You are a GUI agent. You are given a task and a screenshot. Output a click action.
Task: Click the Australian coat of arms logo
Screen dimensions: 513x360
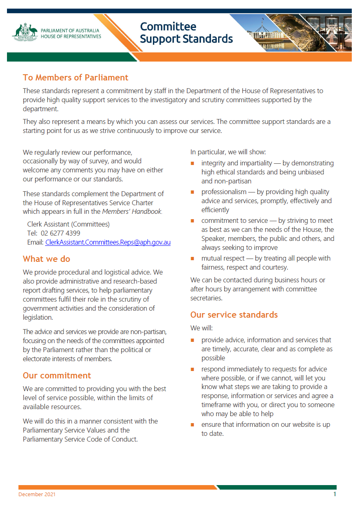(x=25, y=32)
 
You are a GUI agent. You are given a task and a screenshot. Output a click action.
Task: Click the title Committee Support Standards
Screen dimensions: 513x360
(x=186, y=33)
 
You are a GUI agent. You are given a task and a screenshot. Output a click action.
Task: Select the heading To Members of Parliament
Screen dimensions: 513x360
(x=75, y=78)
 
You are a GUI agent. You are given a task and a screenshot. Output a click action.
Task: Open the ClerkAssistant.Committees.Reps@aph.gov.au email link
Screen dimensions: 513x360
(x=108, y=242)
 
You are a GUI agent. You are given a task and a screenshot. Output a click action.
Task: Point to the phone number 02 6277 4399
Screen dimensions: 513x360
(x=60, y=233)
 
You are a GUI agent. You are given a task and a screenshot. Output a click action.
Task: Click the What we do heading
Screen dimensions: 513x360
(x=46, y=259)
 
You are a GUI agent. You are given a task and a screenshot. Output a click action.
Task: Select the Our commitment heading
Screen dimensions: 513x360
(x=57, y=376)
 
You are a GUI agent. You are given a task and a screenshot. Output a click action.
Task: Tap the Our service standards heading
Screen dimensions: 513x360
(x=234, y=315)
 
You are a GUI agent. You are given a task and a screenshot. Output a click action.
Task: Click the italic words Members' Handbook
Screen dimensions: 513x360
(x=132, y=212)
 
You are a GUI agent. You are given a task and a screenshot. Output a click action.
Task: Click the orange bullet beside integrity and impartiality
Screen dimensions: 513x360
(x=192, y=164)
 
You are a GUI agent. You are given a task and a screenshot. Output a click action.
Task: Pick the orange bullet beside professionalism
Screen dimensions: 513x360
(x=192, y=192)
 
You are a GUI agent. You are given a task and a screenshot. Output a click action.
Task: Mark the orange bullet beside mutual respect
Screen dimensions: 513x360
(x=192, y=259)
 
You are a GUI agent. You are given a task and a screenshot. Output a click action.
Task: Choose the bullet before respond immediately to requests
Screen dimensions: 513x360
(x=192, y=369)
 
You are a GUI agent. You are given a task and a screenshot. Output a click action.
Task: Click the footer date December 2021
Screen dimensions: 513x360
(x=37, y=495)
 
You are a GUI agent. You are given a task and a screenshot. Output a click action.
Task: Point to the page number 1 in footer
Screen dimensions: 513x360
(x=335, y=494)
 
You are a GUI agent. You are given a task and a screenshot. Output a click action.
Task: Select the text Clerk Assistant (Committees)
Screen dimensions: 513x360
(x=68, y=224)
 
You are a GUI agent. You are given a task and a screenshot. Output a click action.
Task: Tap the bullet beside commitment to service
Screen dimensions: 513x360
(x=192, y=221)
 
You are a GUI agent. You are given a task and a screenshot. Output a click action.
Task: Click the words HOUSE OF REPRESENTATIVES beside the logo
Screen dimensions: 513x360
(x=71, y=37)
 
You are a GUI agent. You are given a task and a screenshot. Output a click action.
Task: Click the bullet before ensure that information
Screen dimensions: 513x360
(x=192, y=425)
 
